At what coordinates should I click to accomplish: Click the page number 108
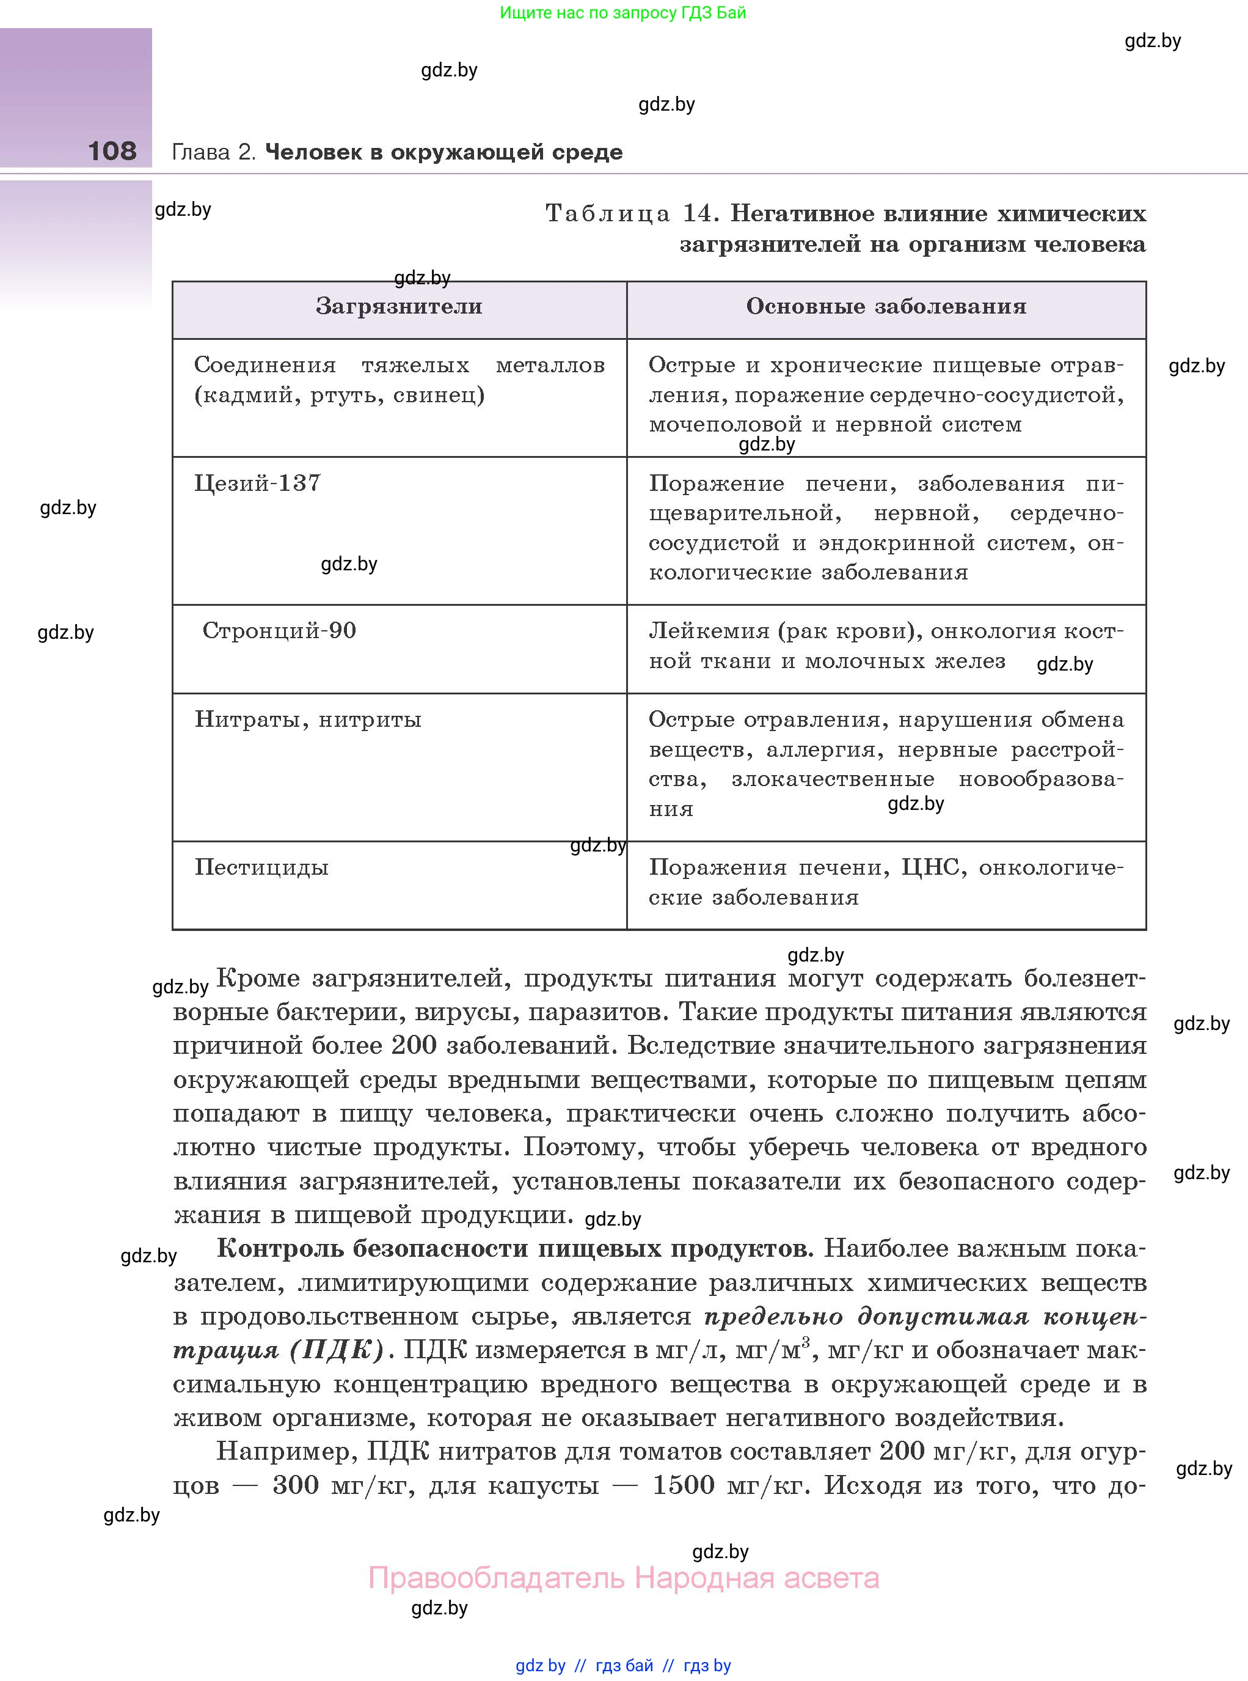tap(112, 151)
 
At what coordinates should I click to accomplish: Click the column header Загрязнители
tap(398, 306)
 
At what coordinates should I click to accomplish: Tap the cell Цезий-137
tap(258, 483)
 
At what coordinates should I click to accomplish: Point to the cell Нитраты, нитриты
tap(307, 719)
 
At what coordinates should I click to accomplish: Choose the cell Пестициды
tap(261, 867)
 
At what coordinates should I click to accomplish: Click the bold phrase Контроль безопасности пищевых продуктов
tap(514, 1248)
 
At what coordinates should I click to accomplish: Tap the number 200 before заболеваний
tap(414, 1045)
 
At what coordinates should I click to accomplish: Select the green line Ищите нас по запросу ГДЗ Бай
tap(622, 13)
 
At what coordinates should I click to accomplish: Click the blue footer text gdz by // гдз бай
tap(584, 1665)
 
